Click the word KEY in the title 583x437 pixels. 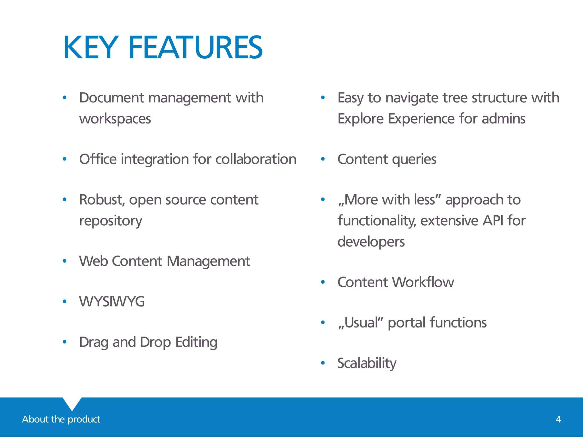(x=91, y=48)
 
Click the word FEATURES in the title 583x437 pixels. (x=196, y=48)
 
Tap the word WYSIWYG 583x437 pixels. (x=112, y=302)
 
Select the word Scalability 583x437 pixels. (x=367, y=363)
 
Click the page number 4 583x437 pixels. (x=558, y=419)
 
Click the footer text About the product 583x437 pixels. (x=61, y=419)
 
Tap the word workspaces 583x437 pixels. (x=115, y=119)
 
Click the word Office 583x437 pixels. (x=98, y=159)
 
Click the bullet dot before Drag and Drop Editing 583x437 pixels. (x=65, y=342)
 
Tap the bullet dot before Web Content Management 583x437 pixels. (x=65, y=261)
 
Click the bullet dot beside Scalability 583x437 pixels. (x=323, y=363)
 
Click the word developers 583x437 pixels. (x=371, y=242)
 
